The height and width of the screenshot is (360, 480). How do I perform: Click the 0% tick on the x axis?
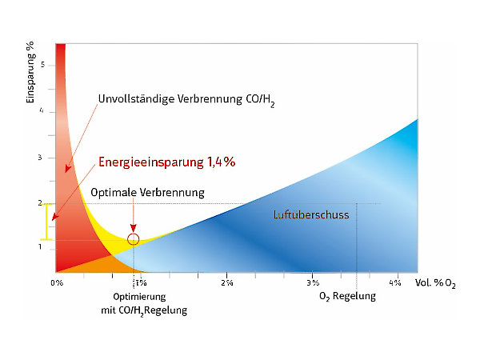(x=57, y=282)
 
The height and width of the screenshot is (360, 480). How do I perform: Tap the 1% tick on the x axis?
(x=141, y=282)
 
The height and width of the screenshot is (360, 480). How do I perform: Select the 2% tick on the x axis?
(x=227, y=282)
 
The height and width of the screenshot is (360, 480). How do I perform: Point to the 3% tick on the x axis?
(x=313, y=282)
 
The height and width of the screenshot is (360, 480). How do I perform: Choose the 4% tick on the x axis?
(x=394, y=282)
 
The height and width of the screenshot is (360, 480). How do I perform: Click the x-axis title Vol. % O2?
(x=436, y=283)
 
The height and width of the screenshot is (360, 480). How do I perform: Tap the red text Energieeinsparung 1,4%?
(x=166, y=162)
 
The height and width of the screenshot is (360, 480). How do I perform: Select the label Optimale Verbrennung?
(x=148, y=193)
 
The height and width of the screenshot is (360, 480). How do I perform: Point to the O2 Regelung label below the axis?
(x=347, y=297)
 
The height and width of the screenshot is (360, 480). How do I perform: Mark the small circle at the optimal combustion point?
(x=134, y=238)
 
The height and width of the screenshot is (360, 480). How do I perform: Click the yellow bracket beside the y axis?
(x=46, y=222)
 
